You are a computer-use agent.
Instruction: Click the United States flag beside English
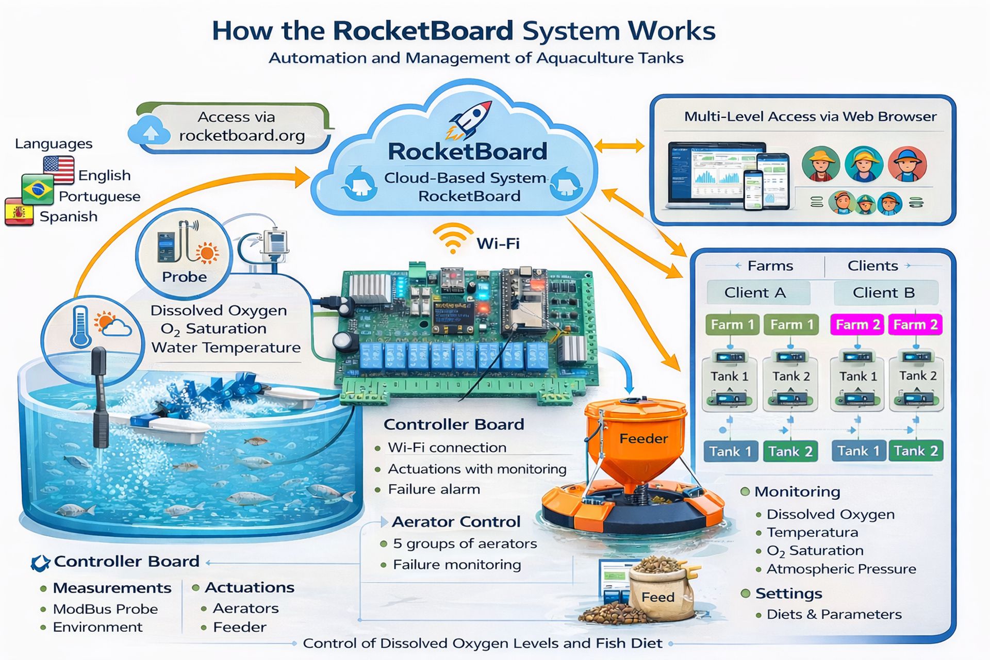[x=59, y=170]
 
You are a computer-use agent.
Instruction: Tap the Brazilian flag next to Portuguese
[x=38, y=190]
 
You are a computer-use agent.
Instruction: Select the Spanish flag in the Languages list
[x=19, y=212]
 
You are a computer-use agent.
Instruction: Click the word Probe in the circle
[x=184, y=277]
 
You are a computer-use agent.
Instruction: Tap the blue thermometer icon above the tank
[x=81, y=326]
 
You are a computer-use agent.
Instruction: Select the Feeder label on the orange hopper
[x=643, y=439]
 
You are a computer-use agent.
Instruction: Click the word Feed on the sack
[x=657, y=597]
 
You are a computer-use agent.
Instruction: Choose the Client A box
[x=755, y=293]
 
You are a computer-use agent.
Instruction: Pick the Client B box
[x=884, y=293]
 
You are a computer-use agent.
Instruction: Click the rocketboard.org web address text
[x=242, y=136]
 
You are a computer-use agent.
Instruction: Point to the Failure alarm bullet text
[x=434, y=489]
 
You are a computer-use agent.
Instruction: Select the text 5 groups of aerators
[x=465, y=543]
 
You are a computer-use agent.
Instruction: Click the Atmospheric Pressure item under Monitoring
[x=841, y=569]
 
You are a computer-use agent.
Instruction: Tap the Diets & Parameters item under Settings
[x=834, y=614]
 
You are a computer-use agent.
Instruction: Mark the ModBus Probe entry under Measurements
[x=105, y=609]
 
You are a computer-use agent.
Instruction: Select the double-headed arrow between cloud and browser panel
[x=619, y=146]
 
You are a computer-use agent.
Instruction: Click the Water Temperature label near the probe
[x=226, y=348]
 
